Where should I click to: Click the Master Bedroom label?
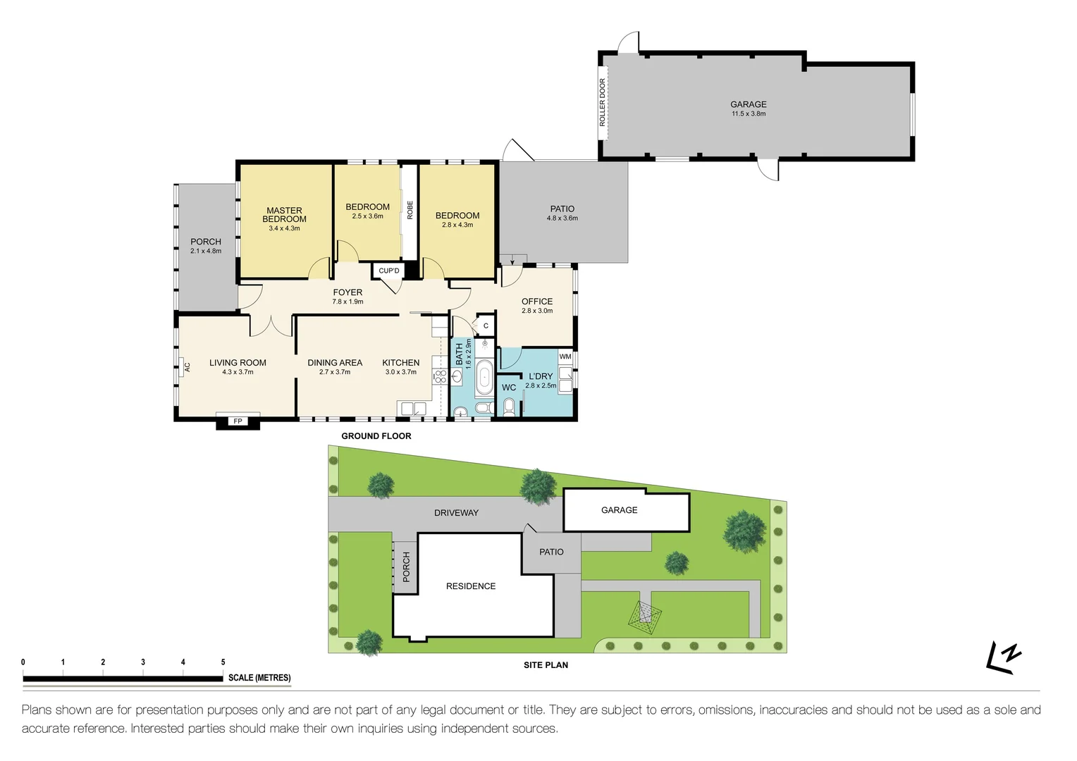click(x=284, y=214)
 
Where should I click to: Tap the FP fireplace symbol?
click(x=238, y=421)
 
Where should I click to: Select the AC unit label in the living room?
click(x=187, y=366)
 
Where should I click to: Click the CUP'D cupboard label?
click(x=388, y=271)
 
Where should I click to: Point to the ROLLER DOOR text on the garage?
click(x=603, y=103)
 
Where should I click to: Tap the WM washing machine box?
click(x=565, y=357)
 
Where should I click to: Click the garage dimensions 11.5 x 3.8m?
click(x=748, y=113)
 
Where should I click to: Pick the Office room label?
click(x=537, y=301)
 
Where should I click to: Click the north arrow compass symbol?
click(x=1004, y=657)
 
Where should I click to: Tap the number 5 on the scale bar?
click(x=223, y=662)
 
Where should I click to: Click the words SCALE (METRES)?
click(x=259, y=678)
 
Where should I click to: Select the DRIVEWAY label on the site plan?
click(x=456, y=512)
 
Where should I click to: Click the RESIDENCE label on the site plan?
click(x=470, y=586)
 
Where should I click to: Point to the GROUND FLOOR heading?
click(x=376, y=436)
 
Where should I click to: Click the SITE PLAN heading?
click(x=546, y=664)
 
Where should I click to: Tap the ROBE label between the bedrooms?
click(x=410, y=209)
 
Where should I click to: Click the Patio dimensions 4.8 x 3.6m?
click(x=562, y=218)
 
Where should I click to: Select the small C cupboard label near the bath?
click(x=486, y=326)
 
